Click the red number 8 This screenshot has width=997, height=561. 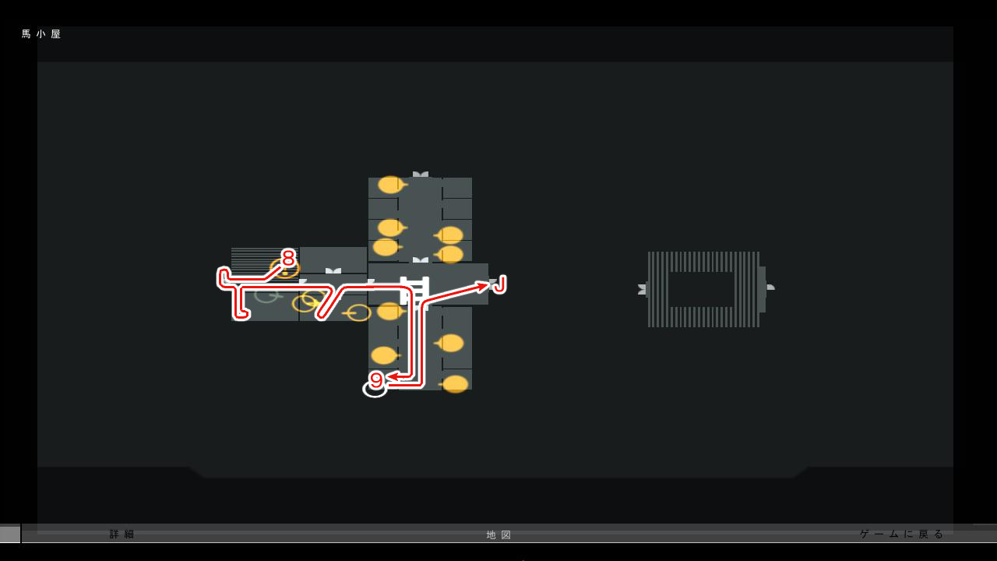(288, 258)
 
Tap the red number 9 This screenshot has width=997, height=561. (376, 379)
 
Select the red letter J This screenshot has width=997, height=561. (499, 284)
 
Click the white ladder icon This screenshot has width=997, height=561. (414, 293)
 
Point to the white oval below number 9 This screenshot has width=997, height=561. (375, 389)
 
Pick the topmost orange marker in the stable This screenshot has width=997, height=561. (390, 185)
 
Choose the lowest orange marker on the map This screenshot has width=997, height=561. (455, 384)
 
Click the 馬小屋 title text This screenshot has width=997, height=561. (41, 34)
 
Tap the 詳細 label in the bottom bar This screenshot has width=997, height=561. (122, 535)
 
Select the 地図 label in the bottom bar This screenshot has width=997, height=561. (499, 535)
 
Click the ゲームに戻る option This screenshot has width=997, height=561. (902, 534)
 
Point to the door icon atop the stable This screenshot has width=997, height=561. (421, 175)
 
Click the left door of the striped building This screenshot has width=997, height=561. (643, 289)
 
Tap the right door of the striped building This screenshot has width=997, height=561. (770, 288)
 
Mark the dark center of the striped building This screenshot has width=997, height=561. (701, 289)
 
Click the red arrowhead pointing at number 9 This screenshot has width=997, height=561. (393, 377)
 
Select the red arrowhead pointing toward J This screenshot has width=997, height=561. (482, 287)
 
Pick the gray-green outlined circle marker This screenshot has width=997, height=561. (266, 295)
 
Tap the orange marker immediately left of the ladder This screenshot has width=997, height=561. (389, 312)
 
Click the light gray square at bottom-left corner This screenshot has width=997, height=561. (10, 534)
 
